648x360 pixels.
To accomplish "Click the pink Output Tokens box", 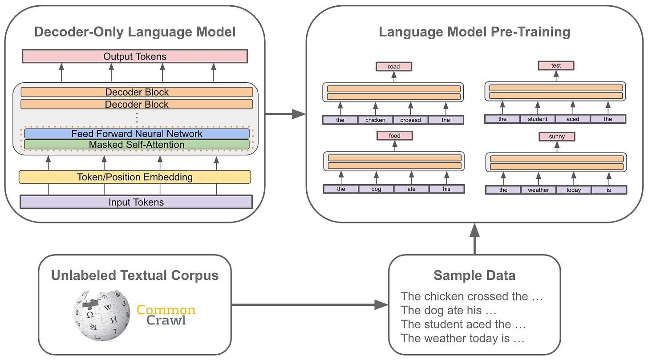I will (134, 57).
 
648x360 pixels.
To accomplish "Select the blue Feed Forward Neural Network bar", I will (137, 133).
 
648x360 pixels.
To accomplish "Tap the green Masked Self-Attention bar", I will (137, 145).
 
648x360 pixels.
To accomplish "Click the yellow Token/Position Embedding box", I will (134, 177).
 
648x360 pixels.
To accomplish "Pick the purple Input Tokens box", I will (136, 202).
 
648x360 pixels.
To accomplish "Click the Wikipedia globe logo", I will (102, 316).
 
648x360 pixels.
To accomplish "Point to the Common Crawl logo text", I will (166, 315).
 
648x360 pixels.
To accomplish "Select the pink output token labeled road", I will (394, 67).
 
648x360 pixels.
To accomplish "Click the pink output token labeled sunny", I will (557, 137).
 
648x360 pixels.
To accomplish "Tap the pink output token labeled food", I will (394, 136).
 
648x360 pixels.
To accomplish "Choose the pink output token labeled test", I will (556, 66).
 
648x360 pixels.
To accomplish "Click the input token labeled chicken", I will (375, 120).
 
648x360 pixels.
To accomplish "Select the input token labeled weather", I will (539, 190).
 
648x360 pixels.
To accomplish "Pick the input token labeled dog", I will (376, 189).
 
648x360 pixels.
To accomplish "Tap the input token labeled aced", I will (573, 119).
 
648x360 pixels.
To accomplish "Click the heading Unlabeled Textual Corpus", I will (135, 275).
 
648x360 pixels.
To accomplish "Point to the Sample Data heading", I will (474, 275).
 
